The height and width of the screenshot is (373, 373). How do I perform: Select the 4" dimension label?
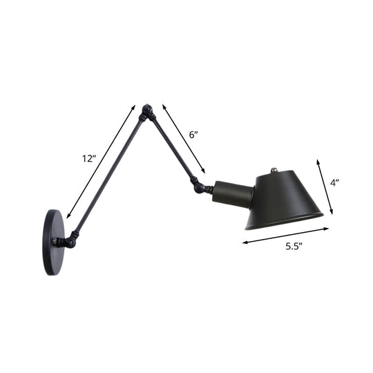click(334, 184)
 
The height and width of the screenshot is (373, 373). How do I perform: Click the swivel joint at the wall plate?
click(68, 242)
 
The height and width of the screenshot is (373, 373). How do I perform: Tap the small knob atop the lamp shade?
click(276, 168)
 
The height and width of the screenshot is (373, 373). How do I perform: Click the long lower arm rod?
click(107, 176)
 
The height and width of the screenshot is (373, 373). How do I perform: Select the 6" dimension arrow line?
click(184, 138)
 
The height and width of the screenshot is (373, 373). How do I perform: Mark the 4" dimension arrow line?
click(325, 186)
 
